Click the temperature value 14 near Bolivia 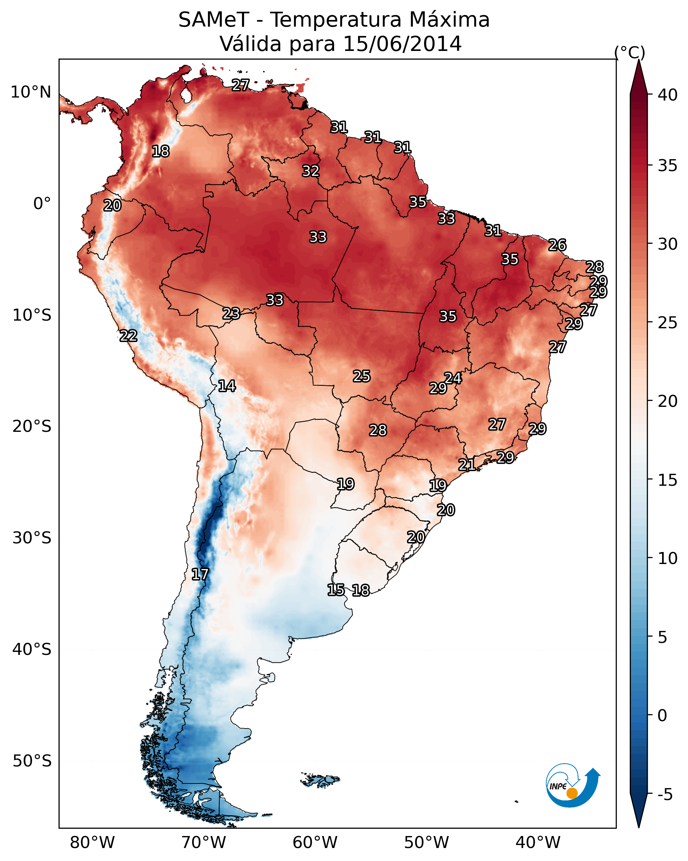(227, 386)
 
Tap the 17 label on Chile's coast (200, 574)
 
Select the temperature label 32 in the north (311, 171)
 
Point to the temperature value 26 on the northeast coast (557, 245)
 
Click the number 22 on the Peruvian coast (128, 336)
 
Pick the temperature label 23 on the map (231, 314)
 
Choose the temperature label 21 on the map (467, 464)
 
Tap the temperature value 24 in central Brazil (453, 378)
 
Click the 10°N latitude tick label (31, 92)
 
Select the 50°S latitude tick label (32, 761)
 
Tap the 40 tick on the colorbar (667, 95)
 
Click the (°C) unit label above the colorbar (629, 52)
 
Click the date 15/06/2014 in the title (402, 44)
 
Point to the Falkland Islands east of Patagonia (321, 779)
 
